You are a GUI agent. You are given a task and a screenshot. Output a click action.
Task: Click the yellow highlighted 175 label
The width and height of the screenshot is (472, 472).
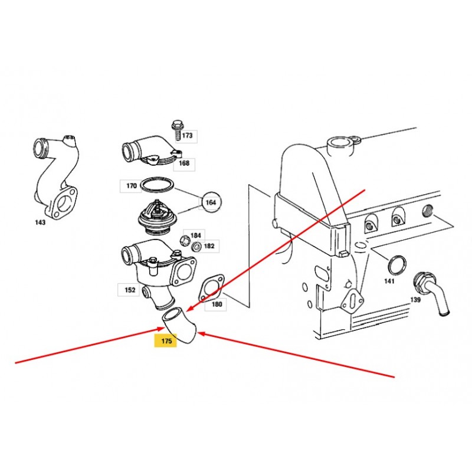point(166,341)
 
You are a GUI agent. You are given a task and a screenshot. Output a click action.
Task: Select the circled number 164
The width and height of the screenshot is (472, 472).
point(211,202)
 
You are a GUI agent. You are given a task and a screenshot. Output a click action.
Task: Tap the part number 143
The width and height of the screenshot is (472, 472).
point(40,222)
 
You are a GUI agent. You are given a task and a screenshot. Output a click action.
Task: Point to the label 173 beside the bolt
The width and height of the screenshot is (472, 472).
point(188,136)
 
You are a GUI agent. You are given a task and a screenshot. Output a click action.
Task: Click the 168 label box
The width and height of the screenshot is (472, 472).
point(184,163)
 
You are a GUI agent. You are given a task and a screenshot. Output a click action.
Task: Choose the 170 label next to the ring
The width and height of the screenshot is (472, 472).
point(132,186)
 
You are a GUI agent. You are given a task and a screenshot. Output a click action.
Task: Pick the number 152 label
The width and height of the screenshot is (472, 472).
point(130,290)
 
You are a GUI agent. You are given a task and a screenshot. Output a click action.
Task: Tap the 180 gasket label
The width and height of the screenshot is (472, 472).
point(217,304)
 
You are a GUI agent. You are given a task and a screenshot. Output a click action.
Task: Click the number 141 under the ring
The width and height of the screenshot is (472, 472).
point(389,281)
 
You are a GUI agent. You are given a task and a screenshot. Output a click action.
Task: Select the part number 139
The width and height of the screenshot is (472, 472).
point(415,300)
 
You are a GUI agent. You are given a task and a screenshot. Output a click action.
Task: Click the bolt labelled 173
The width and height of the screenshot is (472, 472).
point(176,130)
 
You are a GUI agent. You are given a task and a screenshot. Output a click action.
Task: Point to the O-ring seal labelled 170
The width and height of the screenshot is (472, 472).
point(157,185)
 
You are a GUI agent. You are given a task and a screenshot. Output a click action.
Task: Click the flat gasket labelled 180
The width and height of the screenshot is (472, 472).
point(211,287)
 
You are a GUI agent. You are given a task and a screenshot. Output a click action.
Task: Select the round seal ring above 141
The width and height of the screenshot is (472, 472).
point(396,265)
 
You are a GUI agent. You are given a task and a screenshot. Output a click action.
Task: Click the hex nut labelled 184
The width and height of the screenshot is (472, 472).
point(184,240)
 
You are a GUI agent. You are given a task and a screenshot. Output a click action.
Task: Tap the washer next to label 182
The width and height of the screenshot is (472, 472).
point(196,247)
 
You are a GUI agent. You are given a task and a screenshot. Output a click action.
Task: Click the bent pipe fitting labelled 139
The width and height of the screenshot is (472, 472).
point(431,293)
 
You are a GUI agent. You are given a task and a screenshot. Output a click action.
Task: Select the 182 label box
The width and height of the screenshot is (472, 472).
point(209,246)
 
